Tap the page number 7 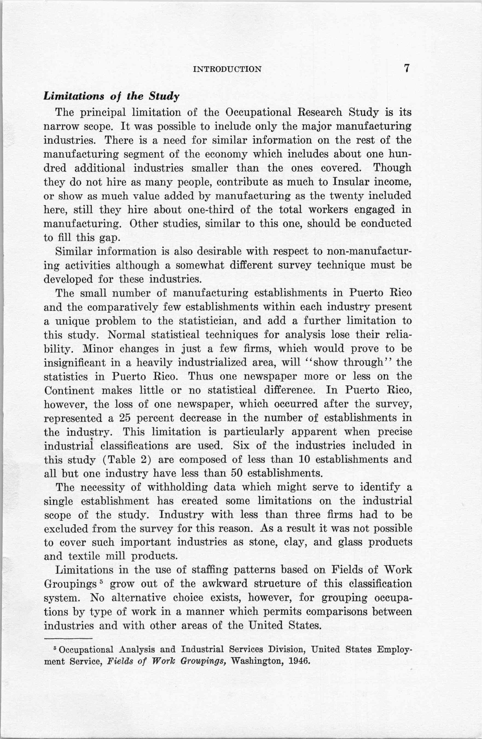pos(406,68)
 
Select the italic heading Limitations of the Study pos(111,96)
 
